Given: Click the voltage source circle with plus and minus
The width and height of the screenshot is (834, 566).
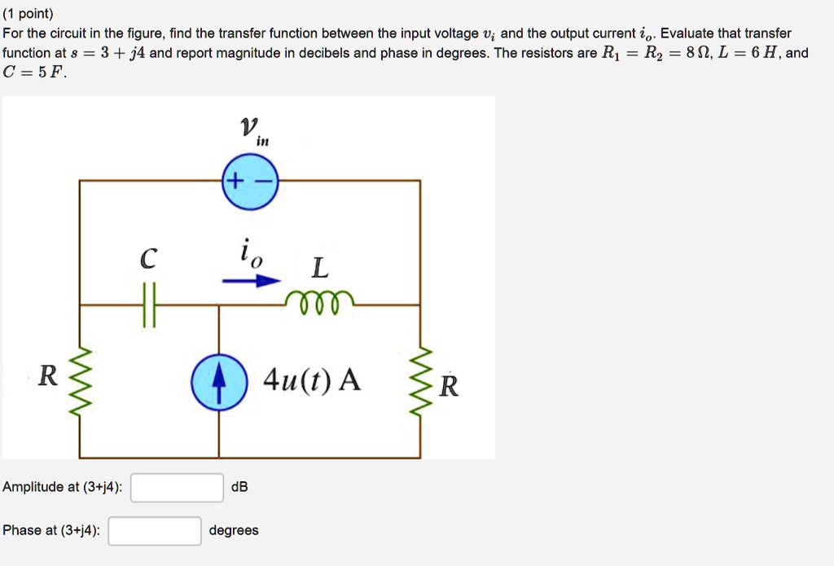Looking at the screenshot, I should click(250, 182).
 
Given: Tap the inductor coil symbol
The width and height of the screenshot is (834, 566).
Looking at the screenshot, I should click(320, 301).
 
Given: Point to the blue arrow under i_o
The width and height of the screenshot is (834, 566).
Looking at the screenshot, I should click(251, 280).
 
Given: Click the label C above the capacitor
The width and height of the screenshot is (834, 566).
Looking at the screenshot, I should click(147, 259).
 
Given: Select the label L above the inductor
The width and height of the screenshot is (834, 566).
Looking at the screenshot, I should click(321, 266).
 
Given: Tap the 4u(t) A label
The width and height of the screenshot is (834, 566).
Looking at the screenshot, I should click(312, 380).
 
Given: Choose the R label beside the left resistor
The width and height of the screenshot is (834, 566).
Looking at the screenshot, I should click(49, 376).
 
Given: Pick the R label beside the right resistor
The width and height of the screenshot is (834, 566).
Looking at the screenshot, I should click(449, 386).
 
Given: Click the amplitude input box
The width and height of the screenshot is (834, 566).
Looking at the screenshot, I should click(177, 488).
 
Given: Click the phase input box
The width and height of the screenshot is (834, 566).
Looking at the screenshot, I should click(155, 531).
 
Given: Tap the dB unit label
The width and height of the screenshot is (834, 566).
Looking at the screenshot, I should click(239, 487).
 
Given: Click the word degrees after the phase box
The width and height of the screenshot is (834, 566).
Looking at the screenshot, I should click(234, 530).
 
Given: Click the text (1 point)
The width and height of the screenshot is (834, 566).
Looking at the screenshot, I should click(29, 14).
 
